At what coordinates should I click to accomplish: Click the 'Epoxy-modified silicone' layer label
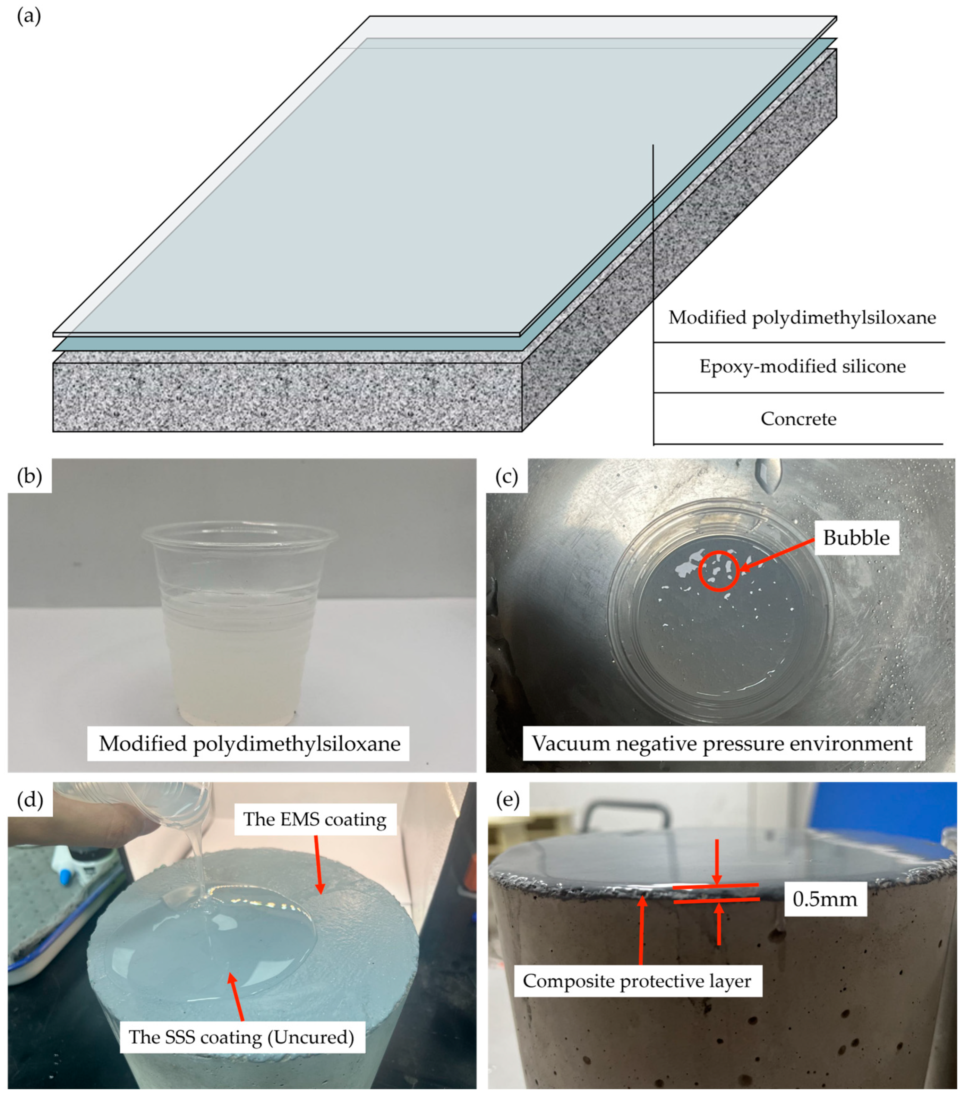[802, 367]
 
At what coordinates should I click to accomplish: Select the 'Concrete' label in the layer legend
[798, 419]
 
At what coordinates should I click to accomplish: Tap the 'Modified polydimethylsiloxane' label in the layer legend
[802, 318]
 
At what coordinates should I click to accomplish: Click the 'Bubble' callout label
[856, 538]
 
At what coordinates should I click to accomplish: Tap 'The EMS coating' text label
[315, 819]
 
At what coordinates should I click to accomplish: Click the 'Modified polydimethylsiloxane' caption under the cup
[249, 744]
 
